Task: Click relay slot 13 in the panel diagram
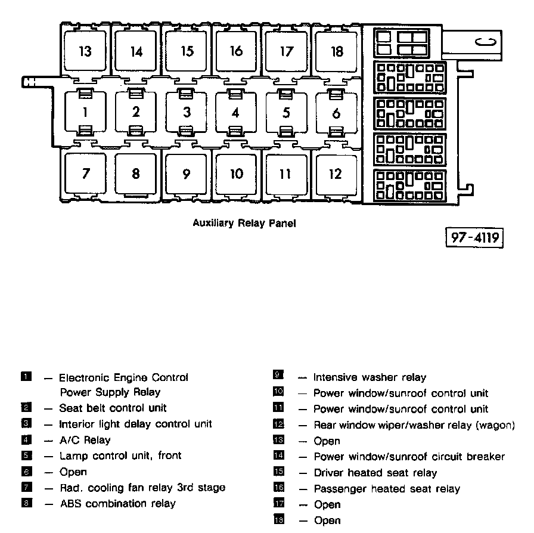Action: click(85, 51)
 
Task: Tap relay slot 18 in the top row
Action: click(337, 51)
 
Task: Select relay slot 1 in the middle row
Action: click(86, 111)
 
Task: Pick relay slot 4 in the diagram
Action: click(236, 112)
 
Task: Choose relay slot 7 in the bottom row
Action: click(86, 173)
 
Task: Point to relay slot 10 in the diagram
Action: click(237, 173)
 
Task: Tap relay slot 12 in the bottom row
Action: click(336, 173)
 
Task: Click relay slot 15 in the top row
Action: click(187, 51)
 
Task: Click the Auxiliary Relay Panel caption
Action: click(244, 224)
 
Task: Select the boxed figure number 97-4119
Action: click(474, 237)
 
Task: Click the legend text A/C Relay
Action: click(85, 440)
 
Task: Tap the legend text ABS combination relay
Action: click(117, 504)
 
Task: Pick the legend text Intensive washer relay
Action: click(370, 377)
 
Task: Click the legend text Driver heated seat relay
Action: click(375, 473)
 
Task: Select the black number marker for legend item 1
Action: click(26, 377)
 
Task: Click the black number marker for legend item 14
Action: click(278, 457)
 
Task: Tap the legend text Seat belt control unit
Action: click(113, 408)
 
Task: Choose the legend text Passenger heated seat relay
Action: click(387, 489)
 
